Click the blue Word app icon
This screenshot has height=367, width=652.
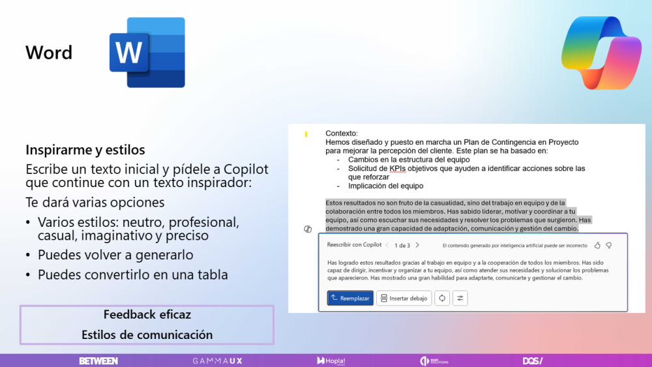coord(147,52)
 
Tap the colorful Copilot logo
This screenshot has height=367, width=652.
coord(601,52)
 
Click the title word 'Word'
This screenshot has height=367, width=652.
coord(49,53)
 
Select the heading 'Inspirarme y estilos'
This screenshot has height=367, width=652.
coord(85,150)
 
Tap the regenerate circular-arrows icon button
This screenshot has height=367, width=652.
coord(442,298)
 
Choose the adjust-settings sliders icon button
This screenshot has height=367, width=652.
coord(460,298)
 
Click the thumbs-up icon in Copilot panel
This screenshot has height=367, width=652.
coord(597,245)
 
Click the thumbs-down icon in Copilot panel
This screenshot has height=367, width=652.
coord(608,245)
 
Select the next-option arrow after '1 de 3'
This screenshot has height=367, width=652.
coord(417,245)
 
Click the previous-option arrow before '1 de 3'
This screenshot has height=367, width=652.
coord(387,245)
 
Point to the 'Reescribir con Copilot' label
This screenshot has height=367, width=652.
coord(354,245)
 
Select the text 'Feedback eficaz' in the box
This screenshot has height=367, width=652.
coord(147,315)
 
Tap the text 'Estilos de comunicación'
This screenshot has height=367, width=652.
coord(147,334)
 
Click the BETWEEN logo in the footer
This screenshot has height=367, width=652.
coord(98,360)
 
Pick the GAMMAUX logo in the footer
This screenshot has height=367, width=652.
coord(217,360)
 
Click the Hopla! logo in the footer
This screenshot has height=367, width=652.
coord(331,360)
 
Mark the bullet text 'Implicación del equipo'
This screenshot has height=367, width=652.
coord(385,186)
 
